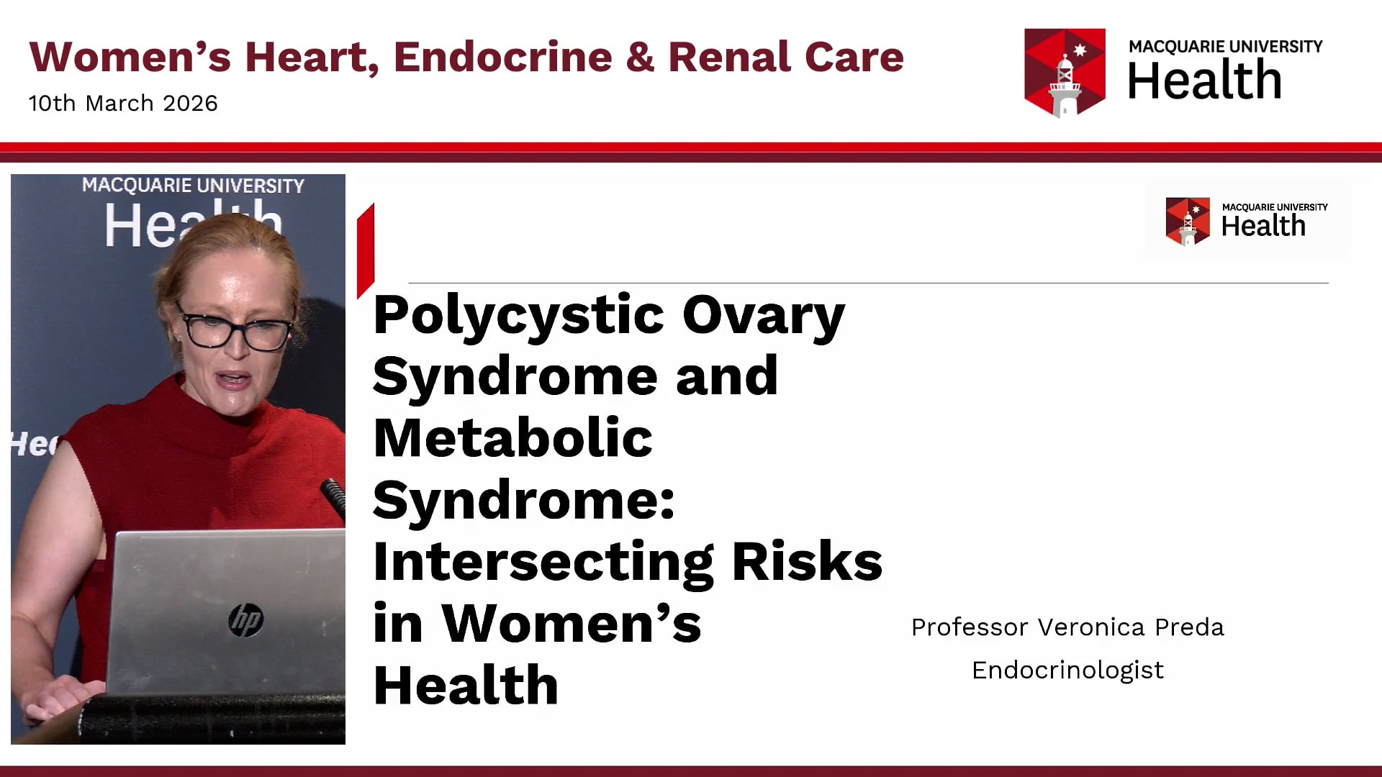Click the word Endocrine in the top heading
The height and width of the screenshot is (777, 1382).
(x=502, y=58)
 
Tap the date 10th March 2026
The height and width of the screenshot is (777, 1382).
(x=123, y=104)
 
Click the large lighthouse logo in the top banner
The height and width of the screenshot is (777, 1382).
(x=1065, y=73)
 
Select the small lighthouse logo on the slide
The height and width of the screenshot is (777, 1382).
(x=1188, y=222)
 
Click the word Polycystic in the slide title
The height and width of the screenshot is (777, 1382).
(x=518, y=315)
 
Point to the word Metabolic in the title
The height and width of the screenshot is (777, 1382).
(x=512, y=438)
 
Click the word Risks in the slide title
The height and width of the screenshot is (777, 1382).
(x=807, y=562)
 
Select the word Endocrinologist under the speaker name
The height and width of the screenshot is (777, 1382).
(x=1067, y=670)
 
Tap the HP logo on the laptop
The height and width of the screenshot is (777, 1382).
(x=246, y=620)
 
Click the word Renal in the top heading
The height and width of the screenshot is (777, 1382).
(x=730, y=58)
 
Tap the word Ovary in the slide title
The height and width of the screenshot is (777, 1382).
(x=763, y=315)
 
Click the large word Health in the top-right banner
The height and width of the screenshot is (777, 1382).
(x=1204, y=81)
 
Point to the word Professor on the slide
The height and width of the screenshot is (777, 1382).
(x=970, y=627)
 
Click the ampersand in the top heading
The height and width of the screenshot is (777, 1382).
(x=640, y=58)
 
